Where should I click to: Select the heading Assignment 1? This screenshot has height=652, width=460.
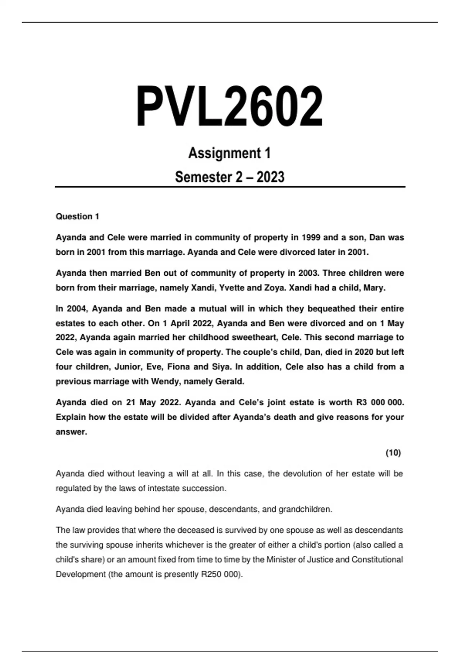coord(230,153)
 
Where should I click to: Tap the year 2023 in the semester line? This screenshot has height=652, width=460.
coord(270,177)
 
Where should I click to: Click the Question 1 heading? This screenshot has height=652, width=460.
coord(77,217)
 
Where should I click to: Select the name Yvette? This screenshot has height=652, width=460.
coord(232,288)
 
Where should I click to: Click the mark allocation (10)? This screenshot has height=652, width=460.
coord(393,453)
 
